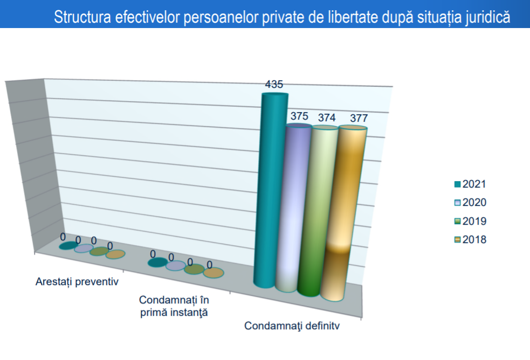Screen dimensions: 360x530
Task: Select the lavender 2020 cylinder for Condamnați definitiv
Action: (298, 207)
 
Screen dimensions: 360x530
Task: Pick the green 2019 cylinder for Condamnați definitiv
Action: (323, 210)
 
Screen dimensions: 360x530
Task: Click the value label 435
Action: (274, 85)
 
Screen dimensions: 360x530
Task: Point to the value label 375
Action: (299, 116)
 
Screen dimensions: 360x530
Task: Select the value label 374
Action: (325, 117)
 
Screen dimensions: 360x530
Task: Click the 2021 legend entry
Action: (470, 184)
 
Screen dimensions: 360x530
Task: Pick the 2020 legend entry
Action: (470, 203)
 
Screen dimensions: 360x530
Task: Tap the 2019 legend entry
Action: (470, 221)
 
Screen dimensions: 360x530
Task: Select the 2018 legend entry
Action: (470, 240)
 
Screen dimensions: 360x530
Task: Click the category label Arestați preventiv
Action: (77, 282)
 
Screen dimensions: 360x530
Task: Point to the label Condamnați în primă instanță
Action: (174, 306)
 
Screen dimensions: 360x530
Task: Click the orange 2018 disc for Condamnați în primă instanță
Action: (214, 273)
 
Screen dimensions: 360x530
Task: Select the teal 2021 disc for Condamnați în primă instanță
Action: (157, 262)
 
